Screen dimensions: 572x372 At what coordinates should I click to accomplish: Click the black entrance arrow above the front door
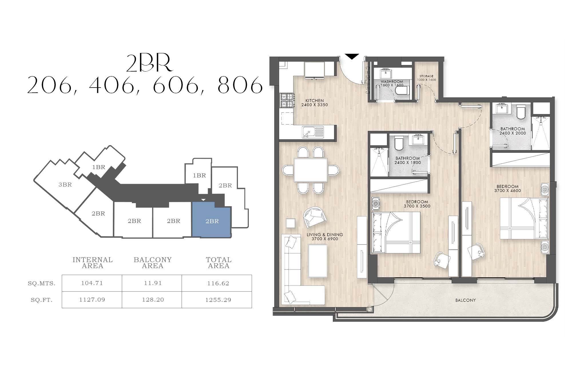(x=352, y=56)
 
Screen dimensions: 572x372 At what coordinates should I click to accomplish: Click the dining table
(x=311, y=170)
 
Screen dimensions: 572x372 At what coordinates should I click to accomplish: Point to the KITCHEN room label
(x=315, y=100)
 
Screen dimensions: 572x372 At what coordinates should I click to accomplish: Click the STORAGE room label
(x=426, y=76)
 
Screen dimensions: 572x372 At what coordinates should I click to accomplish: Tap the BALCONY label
(x=466, y=300)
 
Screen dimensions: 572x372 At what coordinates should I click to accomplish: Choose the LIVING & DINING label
(x=325, y=235)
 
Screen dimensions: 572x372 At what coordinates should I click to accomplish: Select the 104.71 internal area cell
(x=92, y=283)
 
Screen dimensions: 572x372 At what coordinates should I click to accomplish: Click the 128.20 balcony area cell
(x=153, y=300)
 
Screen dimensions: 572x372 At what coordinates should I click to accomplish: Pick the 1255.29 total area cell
(x=218, y=300)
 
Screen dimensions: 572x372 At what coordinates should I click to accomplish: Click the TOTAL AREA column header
(x=219, y=263)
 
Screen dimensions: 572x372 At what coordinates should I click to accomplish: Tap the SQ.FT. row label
(x=42, y=300)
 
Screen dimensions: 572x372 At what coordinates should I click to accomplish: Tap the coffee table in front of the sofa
(x=318, y=259)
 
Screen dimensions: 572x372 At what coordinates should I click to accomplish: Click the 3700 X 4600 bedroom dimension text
(x=508, y=191)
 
